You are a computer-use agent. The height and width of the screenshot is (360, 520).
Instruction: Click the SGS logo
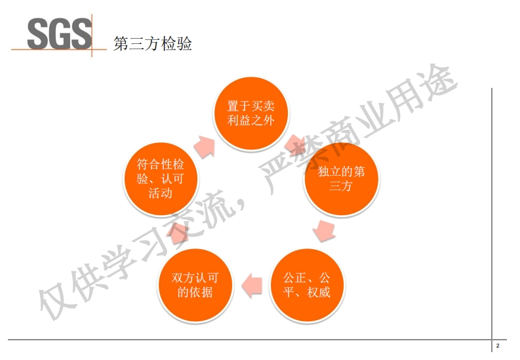(x=60, y=33)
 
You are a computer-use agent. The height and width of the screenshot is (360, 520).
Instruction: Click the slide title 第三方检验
(x=153, y=45)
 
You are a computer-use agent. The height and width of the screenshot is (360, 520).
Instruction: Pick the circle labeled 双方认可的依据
(x=195, y=285)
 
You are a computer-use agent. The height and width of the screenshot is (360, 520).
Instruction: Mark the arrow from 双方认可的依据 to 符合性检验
(x=177, y=231)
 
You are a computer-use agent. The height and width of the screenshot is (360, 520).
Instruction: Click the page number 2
(x=498, y=346)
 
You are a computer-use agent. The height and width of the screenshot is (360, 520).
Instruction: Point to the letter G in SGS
(x=60, y=33)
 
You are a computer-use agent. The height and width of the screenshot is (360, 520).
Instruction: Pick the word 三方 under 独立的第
(x=341, y=187)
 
